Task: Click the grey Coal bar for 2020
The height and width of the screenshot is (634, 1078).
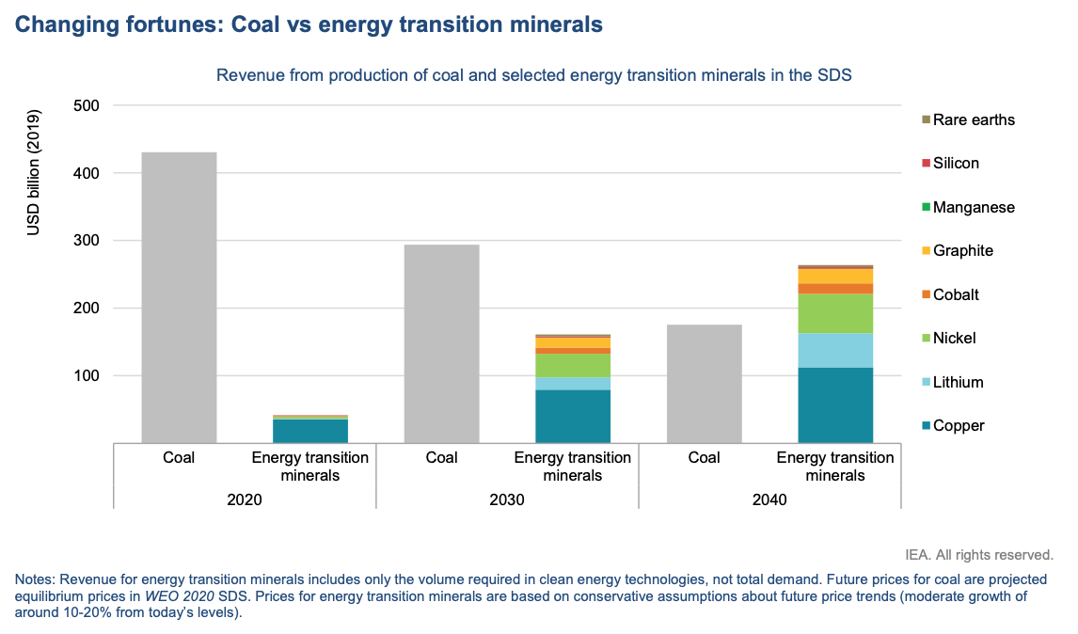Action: point(179,296)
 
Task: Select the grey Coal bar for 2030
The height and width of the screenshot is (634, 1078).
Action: point(441,343)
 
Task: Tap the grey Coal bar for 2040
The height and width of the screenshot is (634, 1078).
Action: point(704,383)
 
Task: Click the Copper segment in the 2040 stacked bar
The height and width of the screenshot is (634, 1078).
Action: point(835,404)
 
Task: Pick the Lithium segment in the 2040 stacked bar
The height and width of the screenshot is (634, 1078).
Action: point(835,350)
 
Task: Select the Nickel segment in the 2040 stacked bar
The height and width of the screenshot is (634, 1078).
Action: point(835,313)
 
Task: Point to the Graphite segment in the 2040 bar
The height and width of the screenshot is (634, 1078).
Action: point(835,276)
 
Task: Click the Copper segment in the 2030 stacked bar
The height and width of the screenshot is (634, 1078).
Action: point(573,416)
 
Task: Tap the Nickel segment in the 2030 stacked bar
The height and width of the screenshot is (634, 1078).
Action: point(573,365)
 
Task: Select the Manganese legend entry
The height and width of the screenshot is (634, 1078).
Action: point(973,207)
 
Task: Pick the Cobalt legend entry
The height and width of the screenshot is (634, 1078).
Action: point(955,294)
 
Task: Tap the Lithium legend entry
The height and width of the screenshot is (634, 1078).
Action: point(958,382)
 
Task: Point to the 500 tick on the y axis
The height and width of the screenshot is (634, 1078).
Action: point(86,105)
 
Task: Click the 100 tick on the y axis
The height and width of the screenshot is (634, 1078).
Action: point(86,375)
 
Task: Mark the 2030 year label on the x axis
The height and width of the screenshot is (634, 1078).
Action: point(507,500)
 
